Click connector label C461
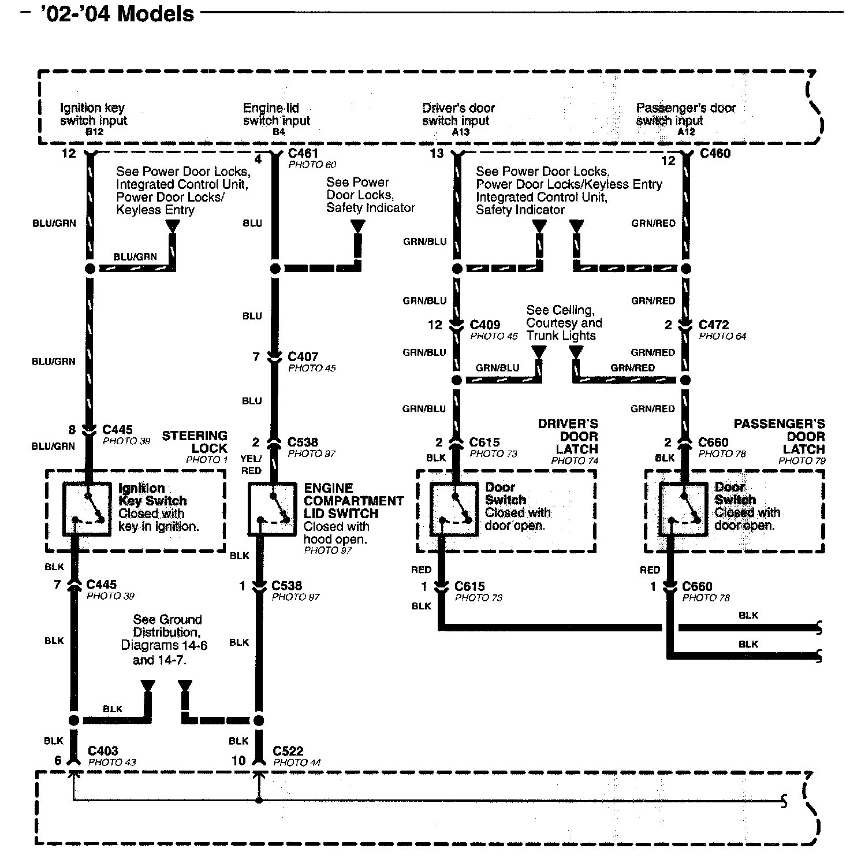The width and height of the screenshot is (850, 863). tap(303, 154)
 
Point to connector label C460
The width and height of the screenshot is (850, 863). tap(715, 154)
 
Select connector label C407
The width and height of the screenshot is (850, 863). tap(303, 357)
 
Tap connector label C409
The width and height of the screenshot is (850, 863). tap(485, 325)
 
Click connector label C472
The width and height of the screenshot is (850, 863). tap(714, 325)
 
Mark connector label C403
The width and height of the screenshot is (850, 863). tap(103, 751)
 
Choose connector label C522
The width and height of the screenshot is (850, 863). tap(288, 751)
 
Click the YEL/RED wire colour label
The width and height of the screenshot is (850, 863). tap(251, 464)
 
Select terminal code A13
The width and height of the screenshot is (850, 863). tap(460, 132)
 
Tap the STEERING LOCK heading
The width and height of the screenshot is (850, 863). tap(195, 442)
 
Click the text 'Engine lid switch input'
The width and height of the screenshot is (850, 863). tap(276, 114)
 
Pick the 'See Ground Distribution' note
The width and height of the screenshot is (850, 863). tap(165, 639)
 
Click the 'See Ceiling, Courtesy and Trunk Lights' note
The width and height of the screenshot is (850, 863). tap(563, 323)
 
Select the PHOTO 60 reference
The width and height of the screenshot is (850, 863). tap(312, 165)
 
